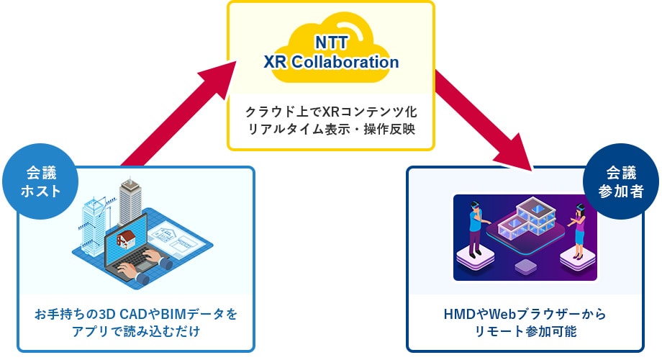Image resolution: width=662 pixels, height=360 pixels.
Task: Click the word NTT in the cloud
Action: [x=331, y=44]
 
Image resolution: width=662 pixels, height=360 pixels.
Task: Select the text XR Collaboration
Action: [x=331, y=62]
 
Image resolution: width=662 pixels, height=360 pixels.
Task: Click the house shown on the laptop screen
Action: [x=130, y=238]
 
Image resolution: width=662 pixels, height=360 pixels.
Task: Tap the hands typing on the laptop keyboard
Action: [x=140, y=270]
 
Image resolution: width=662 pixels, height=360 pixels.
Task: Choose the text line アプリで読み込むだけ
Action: [x=135, y=332]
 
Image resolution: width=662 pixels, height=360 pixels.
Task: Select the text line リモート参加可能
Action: [x=526, y=332]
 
